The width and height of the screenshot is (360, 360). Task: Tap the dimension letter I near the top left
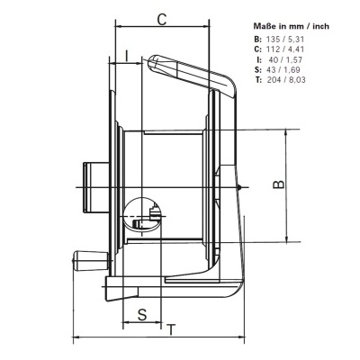129,56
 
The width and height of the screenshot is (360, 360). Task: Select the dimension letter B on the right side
280,184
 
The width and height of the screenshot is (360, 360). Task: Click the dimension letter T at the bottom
170,328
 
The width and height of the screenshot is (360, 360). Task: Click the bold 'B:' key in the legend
258,40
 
